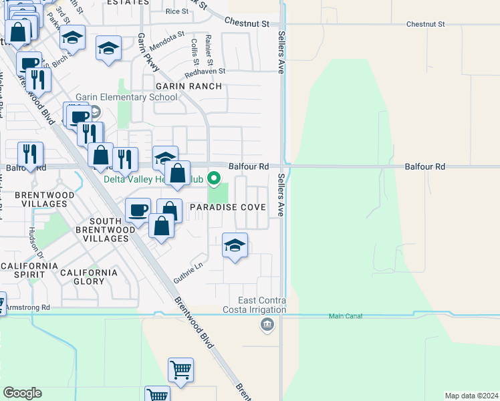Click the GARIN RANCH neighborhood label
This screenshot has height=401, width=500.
click(189, 86)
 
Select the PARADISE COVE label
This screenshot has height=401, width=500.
click(229, 207)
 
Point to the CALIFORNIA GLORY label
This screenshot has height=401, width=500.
click(89, 277)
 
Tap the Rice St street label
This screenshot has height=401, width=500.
click(177, 11)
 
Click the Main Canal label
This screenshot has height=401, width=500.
click(346, 316)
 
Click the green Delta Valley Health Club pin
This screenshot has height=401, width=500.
click(214, 178)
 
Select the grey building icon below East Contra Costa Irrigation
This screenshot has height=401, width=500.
click(267, 325)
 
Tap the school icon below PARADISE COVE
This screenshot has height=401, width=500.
click(235, 245)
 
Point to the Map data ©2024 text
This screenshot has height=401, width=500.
click(472, 395)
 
